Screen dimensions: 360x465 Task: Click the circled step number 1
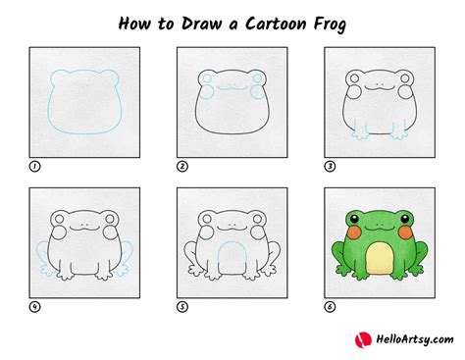coord(34,168)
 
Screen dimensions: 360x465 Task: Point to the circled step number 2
coord(181,168)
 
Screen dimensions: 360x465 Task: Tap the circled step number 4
coord(34,306)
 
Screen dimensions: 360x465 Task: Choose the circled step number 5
coord(181,306)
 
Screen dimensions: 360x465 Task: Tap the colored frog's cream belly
coord(376,262)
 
